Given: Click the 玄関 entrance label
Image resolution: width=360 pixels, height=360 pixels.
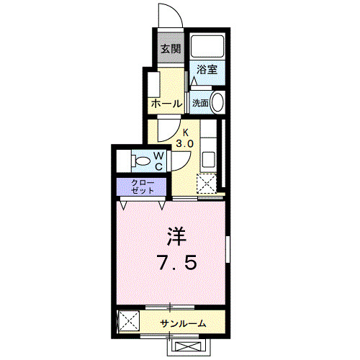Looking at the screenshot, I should (170, 49).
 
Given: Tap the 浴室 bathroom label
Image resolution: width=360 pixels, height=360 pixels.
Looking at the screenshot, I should (207, 71).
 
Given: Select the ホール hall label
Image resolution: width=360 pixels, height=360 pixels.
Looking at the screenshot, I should (166, 104).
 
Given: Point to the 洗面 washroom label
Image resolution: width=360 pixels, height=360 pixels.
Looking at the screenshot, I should (200, 103).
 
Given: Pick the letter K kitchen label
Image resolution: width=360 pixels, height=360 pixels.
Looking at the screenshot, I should (185, 132).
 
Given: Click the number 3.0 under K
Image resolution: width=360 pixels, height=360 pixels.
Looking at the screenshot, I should (185, 144).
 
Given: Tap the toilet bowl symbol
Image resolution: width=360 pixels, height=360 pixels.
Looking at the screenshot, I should (139, 160).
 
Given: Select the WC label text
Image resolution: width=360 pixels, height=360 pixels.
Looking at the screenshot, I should (160, 160).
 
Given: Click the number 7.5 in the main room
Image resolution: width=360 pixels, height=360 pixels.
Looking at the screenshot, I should (176, 263).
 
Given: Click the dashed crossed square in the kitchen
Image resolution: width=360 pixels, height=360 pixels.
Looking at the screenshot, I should (207, 184).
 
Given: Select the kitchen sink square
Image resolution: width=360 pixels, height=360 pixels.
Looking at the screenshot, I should (207, 158).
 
